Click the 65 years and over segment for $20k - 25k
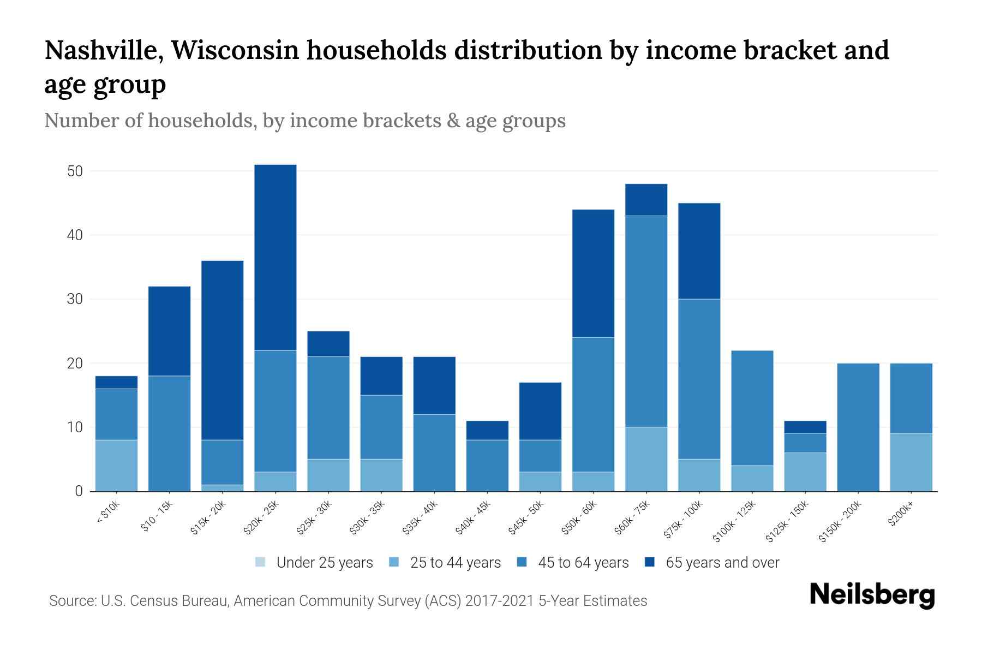pos(276,257)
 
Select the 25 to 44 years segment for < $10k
pos(116,465)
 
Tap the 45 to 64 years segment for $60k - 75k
pos(646,321)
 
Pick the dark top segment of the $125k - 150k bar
pos(805,427)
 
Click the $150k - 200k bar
pos(858,427)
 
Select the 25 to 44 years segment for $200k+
pos(911,462)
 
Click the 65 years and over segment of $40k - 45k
pos(487,430)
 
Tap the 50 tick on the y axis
pos(75,171)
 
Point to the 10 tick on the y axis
pos(75,427)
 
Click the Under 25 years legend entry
pos(314,563)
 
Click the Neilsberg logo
pos(872,595)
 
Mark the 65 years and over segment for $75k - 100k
pos(699,251)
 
